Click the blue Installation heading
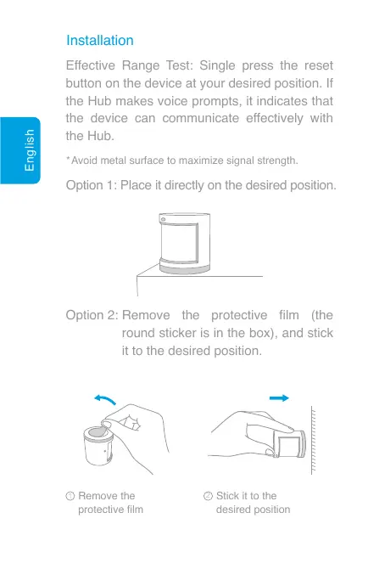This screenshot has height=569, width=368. click(100, 40)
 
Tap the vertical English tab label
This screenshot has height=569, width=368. click(31, 162)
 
